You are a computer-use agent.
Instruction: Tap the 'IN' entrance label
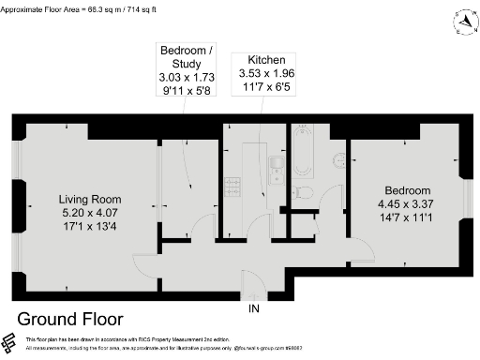tap(253, 307)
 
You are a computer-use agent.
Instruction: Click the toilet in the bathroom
tap(302, 192)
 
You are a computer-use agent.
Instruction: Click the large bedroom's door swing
tap(362, 248)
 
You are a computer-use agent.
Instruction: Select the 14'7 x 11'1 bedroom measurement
tap(408, 217)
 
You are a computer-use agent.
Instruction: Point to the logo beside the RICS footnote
tap(10, 342)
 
